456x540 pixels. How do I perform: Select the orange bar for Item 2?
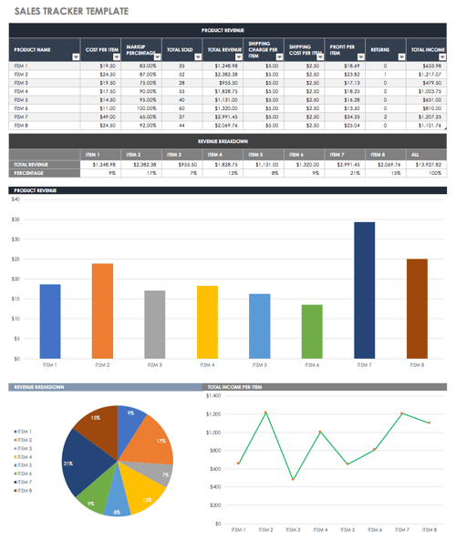101,311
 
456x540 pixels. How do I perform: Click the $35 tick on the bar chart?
16,219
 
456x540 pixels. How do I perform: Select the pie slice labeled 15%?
99,424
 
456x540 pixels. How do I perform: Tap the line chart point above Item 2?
265,413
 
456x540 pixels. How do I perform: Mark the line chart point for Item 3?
294,479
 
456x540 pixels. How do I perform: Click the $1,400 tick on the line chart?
214,395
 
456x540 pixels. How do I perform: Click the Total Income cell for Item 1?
427,66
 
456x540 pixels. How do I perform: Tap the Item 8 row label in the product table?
22,126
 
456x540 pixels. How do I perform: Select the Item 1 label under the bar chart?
49,364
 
